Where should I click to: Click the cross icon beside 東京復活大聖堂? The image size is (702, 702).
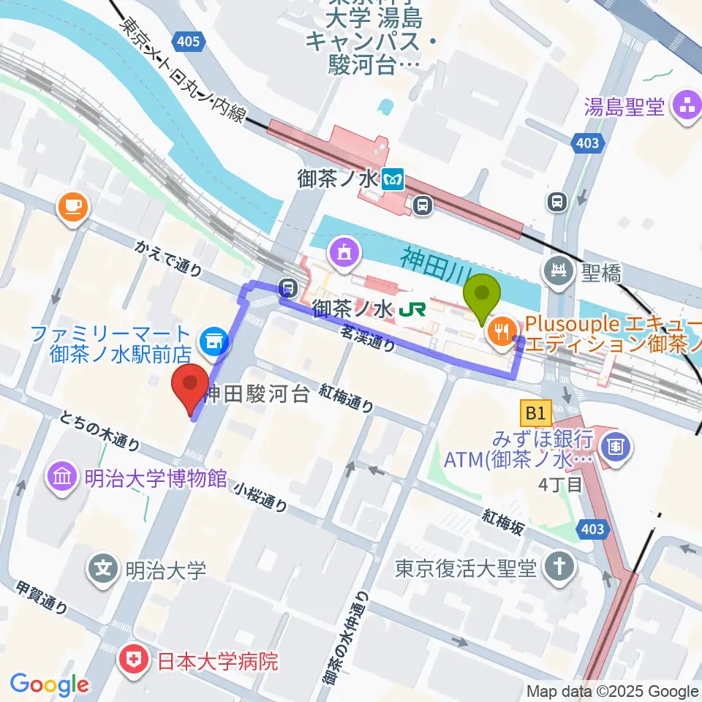coord(560,567)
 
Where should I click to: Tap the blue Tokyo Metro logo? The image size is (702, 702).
coord(395,179)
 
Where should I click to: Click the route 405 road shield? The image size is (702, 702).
coord(188,42)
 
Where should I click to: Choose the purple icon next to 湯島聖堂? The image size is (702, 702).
coord(687,107)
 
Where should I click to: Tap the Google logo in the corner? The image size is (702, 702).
coord(49,684)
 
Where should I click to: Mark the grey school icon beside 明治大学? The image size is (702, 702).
coord(104,567)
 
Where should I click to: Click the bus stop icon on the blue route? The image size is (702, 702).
coord(289,287)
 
